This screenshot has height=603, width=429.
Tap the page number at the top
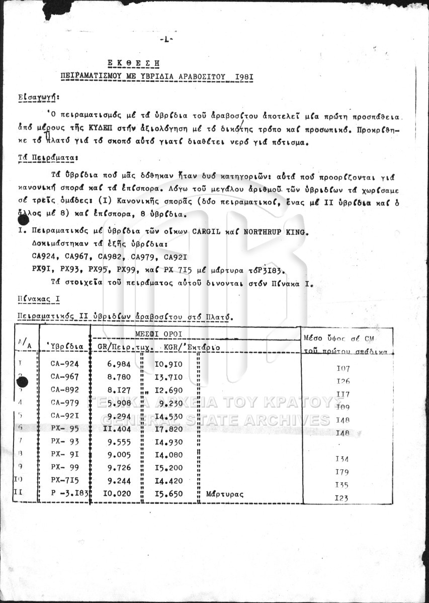(x=165, y=40)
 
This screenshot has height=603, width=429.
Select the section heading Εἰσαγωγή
(x=38, y=96)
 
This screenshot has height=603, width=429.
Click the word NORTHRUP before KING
(x=265, y=232)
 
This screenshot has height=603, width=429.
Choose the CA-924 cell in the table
(x=64, y=363)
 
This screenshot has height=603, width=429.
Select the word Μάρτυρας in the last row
(x=225, y=494)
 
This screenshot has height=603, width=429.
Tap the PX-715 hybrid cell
(x=64, y=480)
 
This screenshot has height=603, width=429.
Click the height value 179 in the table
(x=342, y=472)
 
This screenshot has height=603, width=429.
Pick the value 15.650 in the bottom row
(x=169, y=494)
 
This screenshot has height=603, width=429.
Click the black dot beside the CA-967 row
(x=22, y=382)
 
